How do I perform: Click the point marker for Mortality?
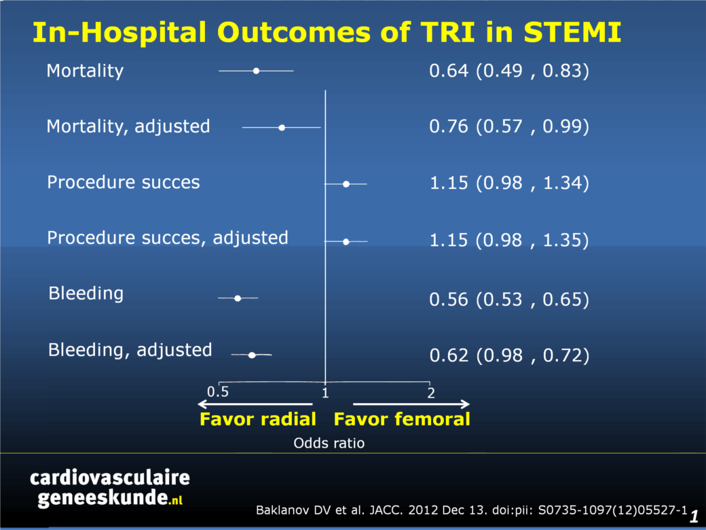(x=256, y=71)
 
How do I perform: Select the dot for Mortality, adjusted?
(x=282, y=128)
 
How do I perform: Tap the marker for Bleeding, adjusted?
(x=252, y=355)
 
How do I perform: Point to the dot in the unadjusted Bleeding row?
(x=238, y=298)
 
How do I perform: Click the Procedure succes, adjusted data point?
(x=346, y=242)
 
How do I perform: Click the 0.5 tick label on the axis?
(x=218, y=391)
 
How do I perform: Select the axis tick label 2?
(x=431, y=393)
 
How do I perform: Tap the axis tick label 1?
(x=325, y=393)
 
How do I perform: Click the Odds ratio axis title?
(x=329, y=443)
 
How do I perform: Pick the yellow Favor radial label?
(x=258, y=419)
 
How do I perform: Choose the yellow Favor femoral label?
(x=402, y=419)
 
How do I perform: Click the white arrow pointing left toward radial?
(x=255, y=404)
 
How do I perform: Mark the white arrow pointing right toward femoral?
(x=411, y=404)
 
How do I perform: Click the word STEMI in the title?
(x=572, y=33)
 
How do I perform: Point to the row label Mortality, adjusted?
(x=128, y=126)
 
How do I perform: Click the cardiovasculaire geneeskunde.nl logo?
(x=110, y=489)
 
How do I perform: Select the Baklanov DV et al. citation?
(x=472, y=510)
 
